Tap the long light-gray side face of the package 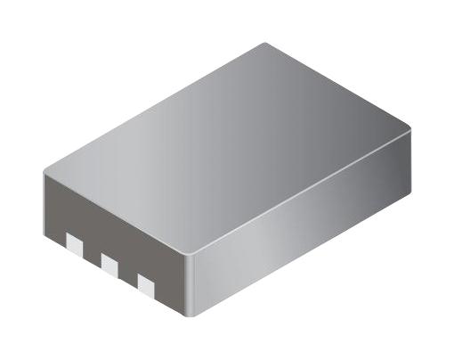303,223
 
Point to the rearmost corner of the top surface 265,44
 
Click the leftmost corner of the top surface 45,170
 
